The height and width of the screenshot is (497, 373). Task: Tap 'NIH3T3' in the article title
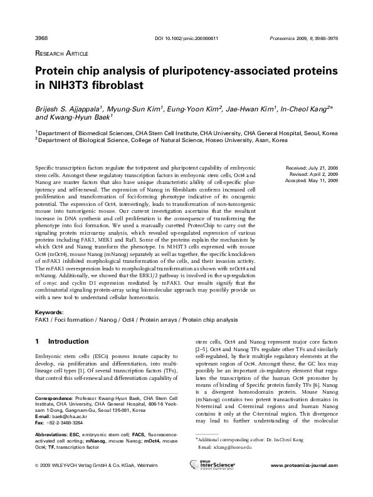pyautogui.click(x=70, y=84)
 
